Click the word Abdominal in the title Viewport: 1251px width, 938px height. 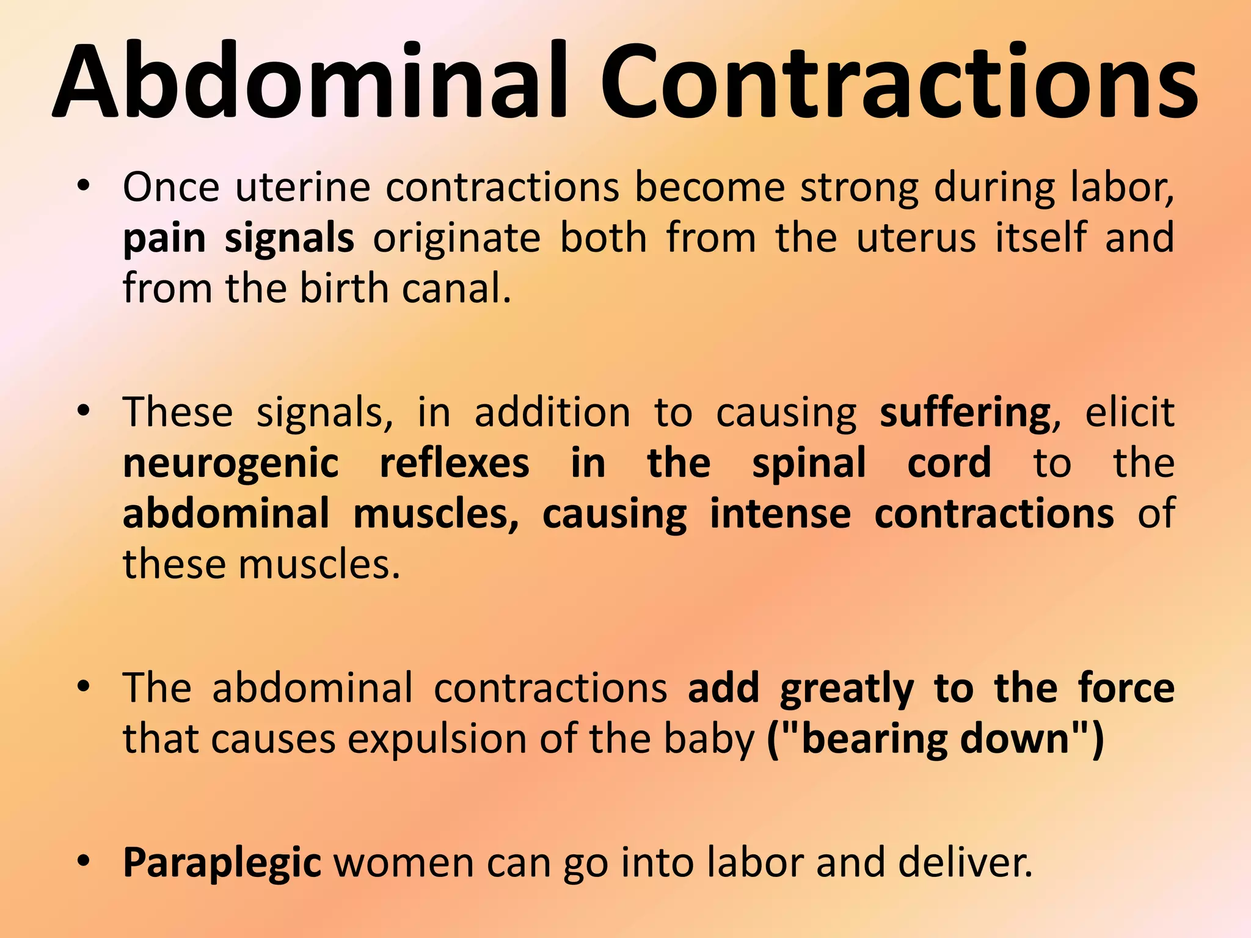click(312, 82)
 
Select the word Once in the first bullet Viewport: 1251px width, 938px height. click(171, 187)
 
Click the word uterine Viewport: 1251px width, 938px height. click(302, 187)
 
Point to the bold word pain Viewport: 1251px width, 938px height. click(164, 239)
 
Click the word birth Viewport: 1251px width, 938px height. click(343, 288)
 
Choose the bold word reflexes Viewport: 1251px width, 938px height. click(454, 463)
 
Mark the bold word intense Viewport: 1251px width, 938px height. click(780, 514)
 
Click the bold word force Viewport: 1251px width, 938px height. click(1126, 688)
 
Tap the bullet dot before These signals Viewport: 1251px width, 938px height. click(84, 411)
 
